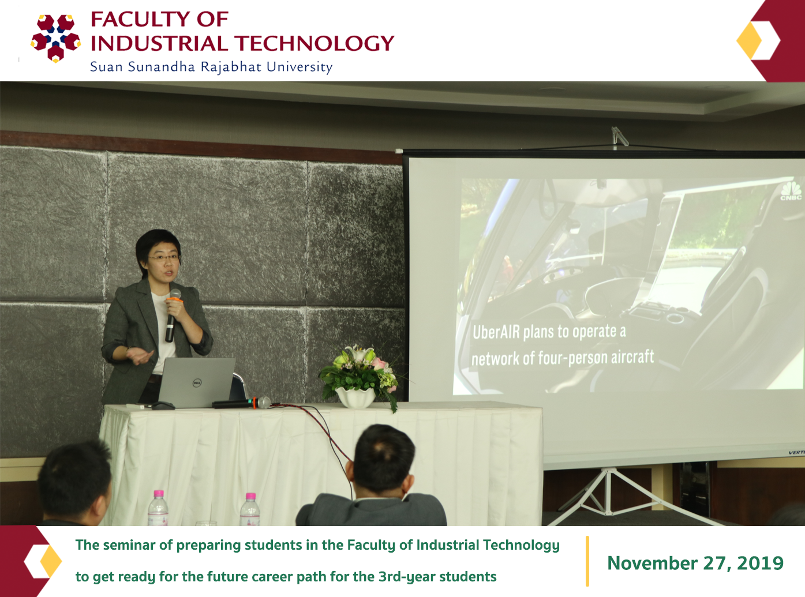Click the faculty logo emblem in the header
[55, 38]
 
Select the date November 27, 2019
[695, 563]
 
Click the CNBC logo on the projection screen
[791, 191]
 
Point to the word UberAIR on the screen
[496, 332]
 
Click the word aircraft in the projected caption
[632, 357]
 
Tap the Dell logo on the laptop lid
[197, 382]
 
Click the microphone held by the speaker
[172, 315]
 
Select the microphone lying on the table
[241, 403]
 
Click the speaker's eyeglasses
[164, 258]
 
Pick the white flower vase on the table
[355, 397]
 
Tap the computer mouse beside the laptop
[163, 405]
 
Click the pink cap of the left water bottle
[159, 494]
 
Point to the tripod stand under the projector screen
[609, 497]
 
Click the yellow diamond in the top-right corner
[749, 40]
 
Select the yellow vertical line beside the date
[587, 561]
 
